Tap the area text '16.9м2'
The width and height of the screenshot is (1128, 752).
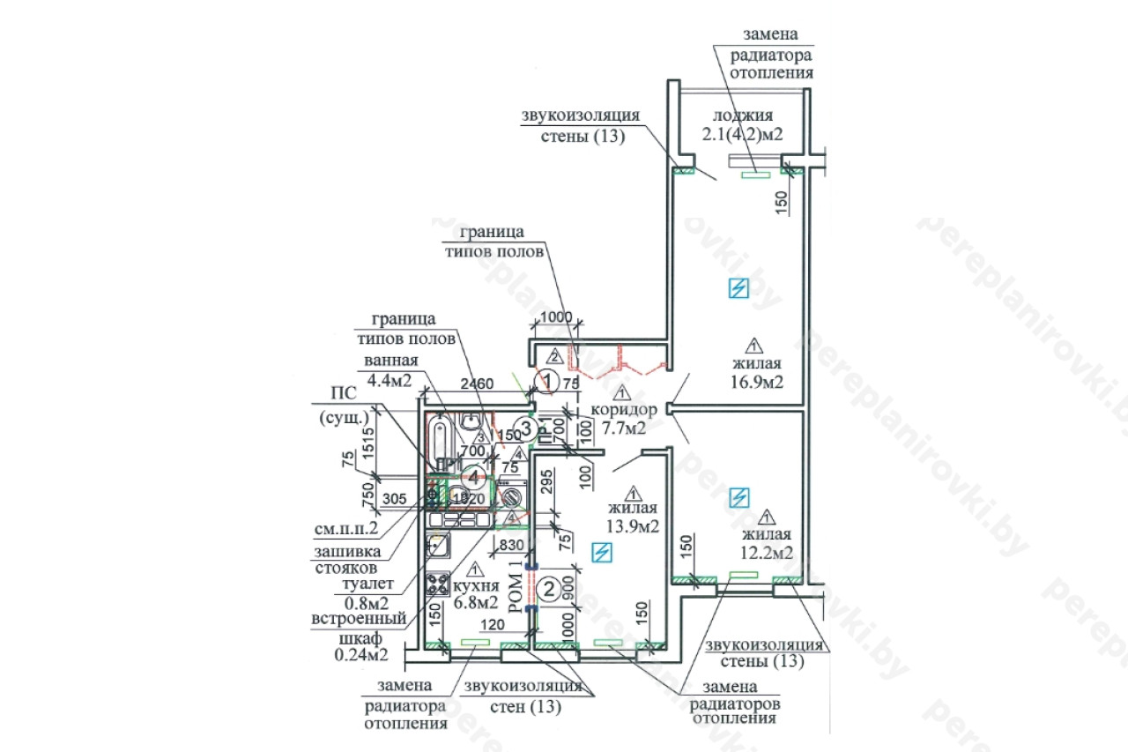click(x=757, y=382)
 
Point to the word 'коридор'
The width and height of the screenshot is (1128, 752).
click(x=624, y=410)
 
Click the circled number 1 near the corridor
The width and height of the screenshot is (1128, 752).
click(x=549, y=382)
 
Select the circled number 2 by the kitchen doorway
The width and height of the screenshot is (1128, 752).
click(x=548, y=589)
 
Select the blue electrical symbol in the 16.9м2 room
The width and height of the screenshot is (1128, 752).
click(x=739, y=288)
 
